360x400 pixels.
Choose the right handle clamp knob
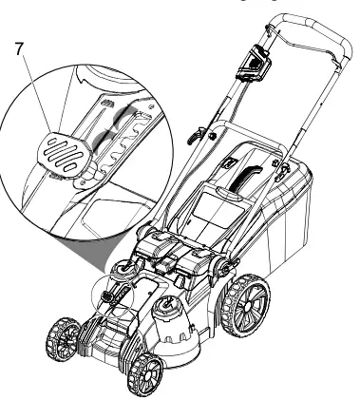281,167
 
